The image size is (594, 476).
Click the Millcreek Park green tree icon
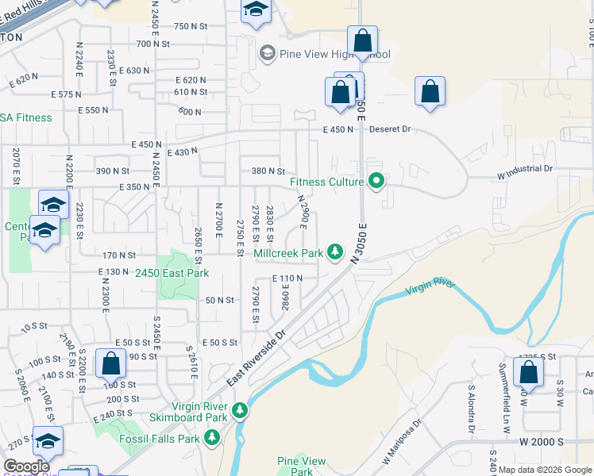pyautogui.click(x=336, y=253)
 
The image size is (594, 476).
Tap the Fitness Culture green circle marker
pyautogui.click(x=377, y=182)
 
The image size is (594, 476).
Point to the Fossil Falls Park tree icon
pyautogui.click(x=212, y=437)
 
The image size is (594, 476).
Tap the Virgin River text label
pyautogui.click(x=430, y=287)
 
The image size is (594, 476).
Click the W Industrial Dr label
pyautogui.click(x=524, y=169)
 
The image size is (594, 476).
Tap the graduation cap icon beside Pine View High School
pyautogui.click(x=267, y=53)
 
